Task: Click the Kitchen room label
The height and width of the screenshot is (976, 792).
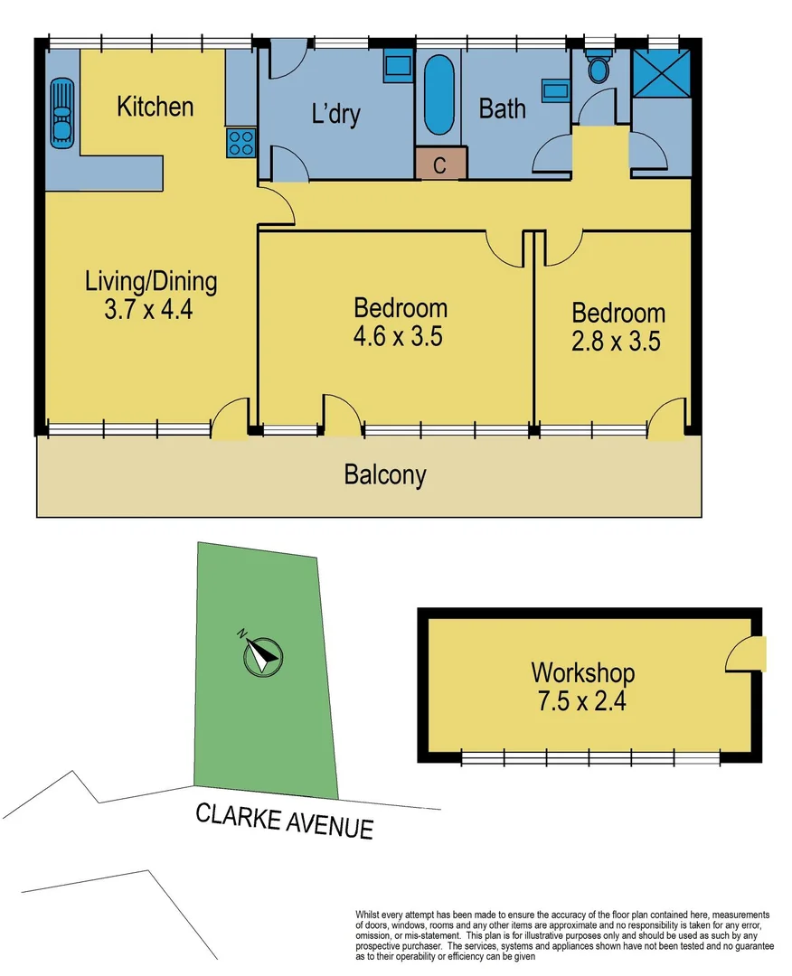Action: (155, 107)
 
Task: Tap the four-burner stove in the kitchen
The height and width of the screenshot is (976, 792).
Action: (240, 143)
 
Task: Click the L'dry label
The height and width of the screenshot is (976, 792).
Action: (335, 114)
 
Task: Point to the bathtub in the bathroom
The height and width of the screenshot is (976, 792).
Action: (439, 95)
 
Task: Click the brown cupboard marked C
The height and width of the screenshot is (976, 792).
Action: (440, 164)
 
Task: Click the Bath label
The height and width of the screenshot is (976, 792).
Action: (502, 109)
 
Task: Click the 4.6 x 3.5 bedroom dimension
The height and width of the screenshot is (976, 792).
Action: (400, 337)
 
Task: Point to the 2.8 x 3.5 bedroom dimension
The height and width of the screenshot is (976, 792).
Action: (618, 343)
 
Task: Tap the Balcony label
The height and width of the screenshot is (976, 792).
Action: (385, 475)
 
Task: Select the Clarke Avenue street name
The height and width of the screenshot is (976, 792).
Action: (285, 821)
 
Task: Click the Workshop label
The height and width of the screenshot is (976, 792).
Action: (582, 672)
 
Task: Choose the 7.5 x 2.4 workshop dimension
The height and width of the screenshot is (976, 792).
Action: (582, 700)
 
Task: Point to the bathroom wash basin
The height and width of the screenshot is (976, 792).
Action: (552, 89)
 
